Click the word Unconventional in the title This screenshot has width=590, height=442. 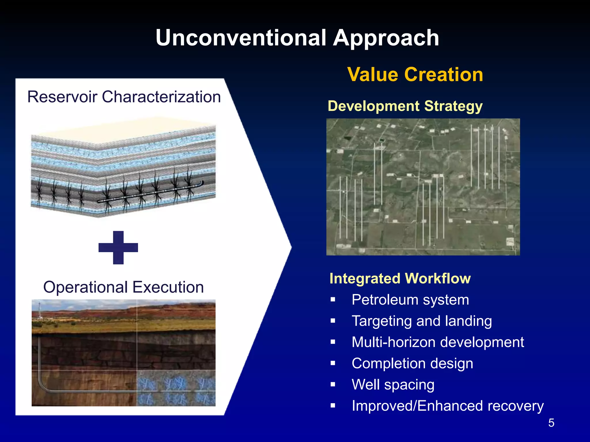(x=241, y=38)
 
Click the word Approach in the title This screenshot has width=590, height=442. (x=386, y=38)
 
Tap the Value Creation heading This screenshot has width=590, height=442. (x=415, y=75)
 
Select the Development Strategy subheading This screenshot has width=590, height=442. (x=405, y=106)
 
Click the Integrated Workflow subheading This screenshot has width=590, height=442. (x=400, y=278)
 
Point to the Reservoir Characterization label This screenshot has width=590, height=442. (x=124, y=97)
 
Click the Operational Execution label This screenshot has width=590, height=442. (x=123, y=287)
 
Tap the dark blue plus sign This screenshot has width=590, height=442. (x=118, y=247)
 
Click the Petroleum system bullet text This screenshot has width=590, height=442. (x=410, y=300)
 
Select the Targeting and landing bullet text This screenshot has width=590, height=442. (x=422, y=321)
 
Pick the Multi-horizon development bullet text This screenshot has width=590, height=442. (x=438, y=342)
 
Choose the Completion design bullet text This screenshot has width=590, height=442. (x=412, y=363)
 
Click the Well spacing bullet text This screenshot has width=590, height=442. (x=393, y=384)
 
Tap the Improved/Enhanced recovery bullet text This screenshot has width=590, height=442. (x=447, y=406)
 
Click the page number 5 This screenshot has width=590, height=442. (x=551, y=423)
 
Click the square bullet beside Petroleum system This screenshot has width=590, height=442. (x=333, y=300)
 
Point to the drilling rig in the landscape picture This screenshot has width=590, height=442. (x=39, y=311)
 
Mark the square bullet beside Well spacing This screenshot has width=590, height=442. (x=333, y=384)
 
